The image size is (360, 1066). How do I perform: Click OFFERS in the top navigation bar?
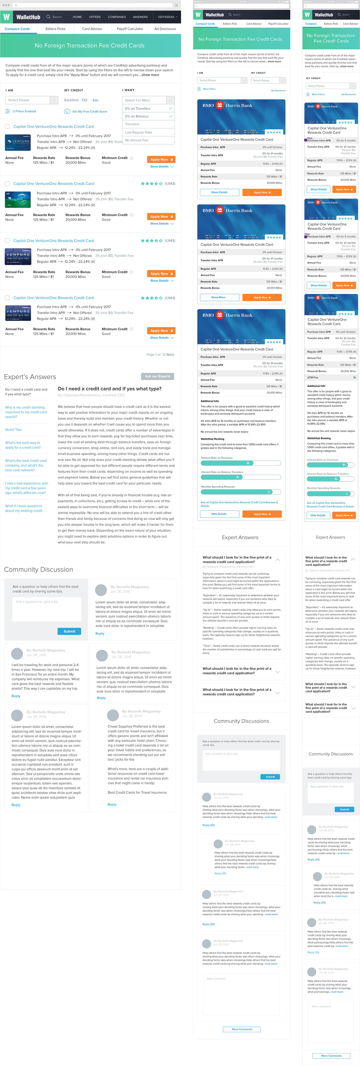point(95,17)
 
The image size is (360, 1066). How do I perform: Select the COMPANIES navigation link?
point(117,17)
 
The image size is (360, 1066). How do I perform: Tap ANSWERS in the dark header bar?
point(140,17)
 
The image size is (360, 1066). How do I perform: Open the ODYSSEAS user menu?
point(167,17)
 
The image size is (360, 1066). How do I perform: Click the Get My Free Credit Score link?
point(89,111)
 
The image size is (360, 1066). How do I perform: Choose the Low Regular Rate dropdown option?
point(139,132)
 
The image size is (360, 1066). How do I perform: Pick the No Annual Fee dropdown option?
point(137,140)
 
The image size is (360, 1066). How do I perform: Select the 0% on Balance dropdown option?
point(137,116)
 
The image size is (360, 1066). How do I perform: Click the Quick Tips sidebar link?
point(13,430)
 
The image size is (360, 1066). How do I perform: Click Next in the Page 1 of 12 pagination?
point(170,355)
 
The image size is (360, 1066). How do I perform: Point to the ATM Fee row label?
point(313,377)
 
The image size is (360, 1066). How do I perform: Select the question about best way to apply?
point(23,445)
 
